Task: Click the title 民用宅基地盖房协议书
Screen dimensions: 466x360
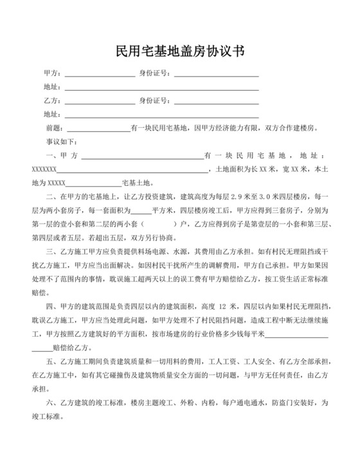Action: pyautogui.click(x=180, y=50)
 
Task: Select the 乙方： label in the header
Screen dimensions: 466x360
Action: pyautogui.click(x=52, y=101)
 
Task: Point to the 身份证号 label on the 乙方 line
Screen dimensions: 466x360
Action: pyautogui.click(x=155, y=101)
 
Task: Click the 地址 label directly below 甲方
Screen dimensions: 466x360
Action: pyautogui.click(x=52, y=87)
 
